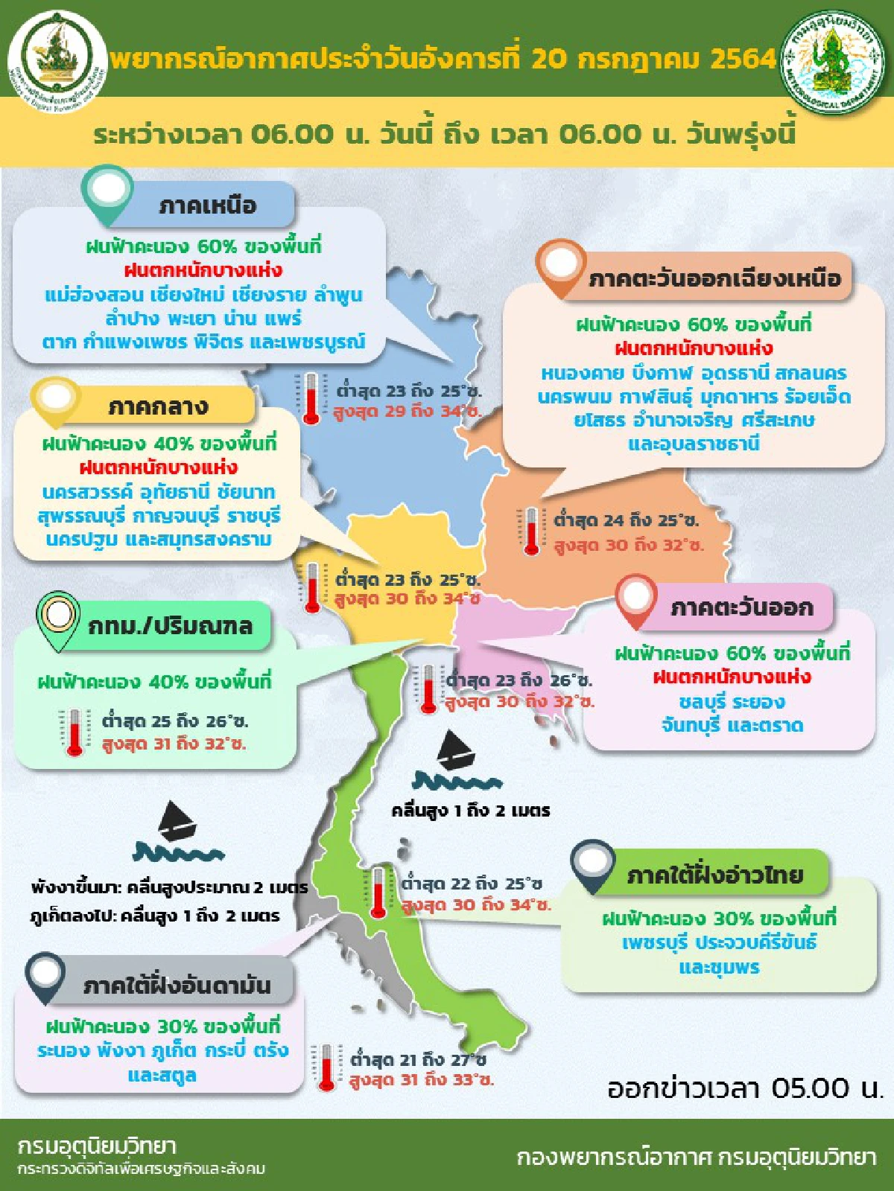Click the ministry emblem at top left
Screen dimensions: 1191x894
(x=57, y=61)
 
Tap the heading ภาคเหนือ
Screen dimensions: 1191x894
(x=207, y=205)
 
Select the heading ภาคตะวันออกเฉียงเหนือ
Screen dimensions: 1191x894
(x=714, y=278)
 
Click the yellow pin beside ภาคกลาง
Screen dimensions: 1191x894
(x=56, y=400)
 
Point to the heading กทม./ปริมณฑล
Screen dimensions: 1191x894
(x=171, y=625)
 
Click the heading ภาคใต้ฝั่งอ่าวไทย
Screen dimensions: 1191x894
(x=714, y=875)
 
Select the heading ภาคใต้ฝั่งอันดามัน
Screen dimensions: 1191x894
(x=177, y=985)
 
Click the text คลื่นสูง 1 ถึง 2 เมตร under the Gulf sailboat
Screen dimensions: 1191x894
(x=471, y=811)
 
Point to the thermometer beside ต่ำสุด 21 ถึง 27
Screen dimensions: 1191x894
(x=326, y=1067)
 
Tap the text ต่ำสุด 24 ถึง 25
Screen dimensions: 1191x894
(x=626, y=520)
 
